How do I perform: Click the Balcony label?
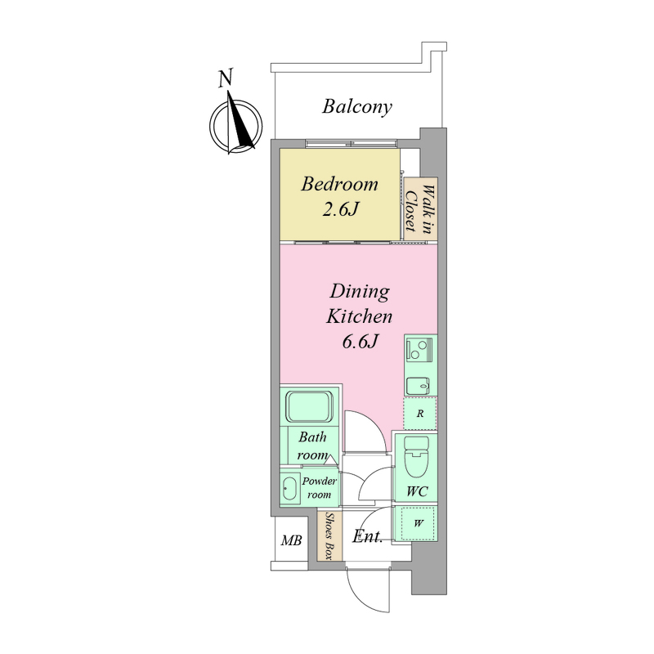(x=357, y=107)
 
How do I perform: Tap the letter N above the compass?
(x=226, y=78)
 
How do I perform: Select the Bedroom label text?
(x=339, y=184)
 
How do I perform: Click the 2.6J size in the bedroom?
(x=340, y=209)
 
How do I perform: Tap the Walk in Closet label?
(x=420, y=209)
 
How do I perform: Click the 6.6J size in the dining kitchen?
(x=360, y=342)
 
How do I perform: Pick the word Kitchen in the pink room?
(x=360, y=316)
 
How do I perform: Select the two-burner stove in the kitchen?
(x=419, y=350)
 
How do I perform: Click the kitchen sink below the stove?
(x=419, y=385)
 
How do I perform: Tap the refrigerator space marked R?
(x=420, y=414)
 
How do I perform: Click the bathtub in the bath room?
(x=310, y=406)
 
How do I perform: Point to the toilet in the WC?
(x=417, y=457)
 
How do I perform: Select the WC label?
(x=417, y=491)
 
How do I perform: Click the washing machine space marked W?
(x=419, y=523)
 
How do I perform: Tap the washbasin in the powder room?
(x=289, y=488)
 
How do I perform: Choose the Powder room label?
(x=320, y=488)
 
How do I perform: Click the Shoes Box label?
(x=330, y=536)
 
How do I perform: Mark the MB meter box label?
(x=291, y=541)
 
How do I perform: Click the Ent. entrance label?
(x=367, y=536)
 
